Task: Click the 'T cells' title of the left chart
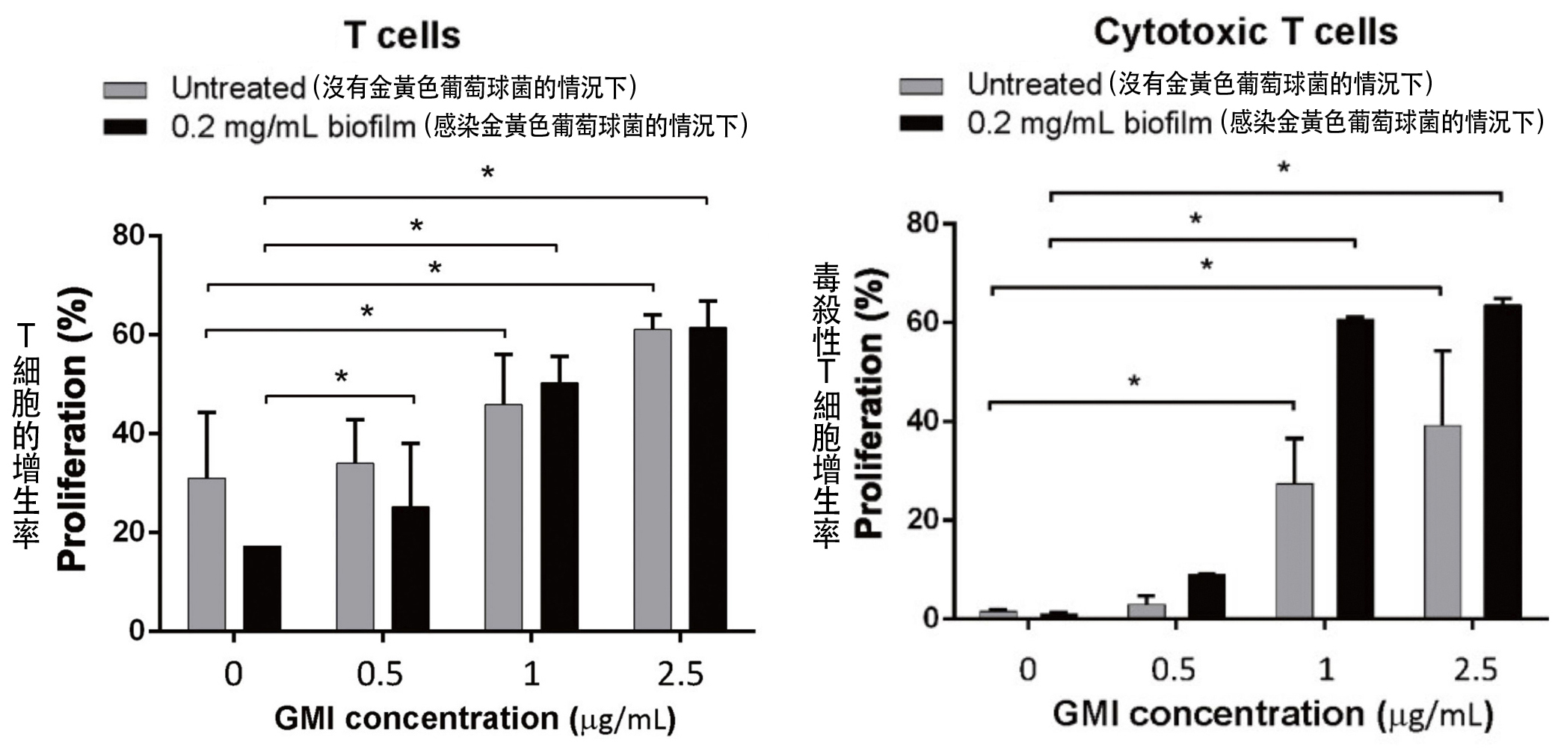(x=402, y=35)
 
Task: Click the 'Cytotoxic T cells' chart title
(x=1245, y=32)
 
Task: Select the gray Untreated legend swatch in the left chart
(x=125, y=90)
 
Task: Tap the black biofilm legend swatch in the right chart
(x=921, y=123)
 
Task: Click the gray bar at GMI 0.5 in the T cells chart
(x=355, y=546)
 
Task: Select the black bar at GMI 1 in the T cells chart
(x=559, y=506)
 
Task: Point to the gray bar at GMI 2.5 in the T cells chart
(x=653, y=479)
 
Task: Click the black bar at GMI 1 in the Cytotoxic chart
(x=1355, y=468)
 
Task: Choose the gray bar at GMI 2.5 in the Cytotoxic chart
(x=1442, y=521)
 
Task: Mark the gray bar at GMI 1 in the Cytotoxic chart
(x=1294, y=551)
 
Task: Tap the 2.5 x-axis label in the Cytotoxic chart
(x=1475, y=669)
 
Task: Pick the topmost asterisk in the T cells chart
(x=487, y=174)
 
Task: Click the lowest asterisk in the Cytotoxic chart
(x=1134, y=382)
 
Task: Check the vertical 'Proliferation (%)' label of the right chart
(x=869, y=403)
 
